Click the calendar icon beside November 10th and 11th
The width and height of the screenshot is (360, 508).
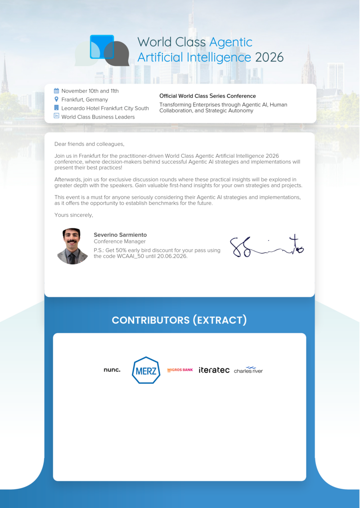56,91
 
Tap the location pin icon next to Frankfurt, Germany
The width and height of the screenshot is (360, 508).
56,99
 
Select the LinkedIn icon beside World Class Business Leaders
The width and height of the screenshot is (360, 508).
56,116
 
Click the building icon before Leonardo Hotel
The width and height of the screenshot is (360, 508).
56,108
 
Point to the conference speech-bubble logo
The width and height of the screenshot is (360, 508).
103,50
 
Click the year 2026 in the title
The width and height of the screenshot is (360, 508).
269,58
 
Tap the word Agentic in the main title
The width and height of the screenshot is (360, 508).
231,42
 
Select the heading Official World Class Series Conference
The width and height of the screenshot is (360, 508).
207,96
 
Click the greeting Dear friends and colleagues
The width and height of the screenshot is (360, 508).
89,144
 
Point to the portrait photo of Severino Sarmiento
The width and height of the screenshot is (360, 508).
72,246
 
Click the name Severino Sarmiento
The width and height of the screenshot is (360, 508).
120,235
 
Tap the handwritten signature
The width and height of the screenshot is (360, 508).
266,246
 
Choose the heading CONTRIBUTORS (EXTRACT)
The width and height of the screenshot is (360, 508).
180,320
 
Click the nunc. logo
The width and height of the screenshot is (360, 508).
112,370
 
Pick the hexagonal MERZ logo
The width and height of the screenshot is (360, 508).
146,370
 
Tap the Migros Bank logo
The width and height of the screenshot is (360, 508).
180,370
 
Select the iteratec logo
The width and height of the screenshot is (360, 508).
214,370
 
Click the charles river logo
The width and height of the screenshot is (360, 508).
248,370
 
